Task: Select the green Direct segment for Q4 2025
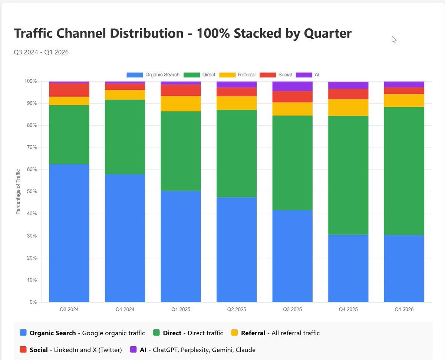point(348,175)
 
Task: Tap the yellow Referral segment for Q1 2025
point(181,103)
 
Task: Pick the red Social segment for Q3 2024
point(69,90)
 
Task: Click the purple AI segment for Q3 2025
point(292,86)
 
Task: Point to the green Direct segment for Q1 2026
point(404,171)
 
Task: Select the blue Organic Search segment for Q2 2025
point(237,249)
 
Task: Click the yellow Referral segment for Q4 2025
point(348,107)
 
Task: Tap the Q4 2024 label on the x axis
point(125,309)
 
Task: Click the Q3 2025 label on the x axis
point(292,309)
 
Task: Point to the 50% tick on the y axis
point(32,192)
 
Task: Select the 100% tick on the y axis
point(30,81)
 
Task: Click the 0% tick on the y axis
point(33,302)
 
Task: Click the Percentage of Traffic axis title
point(18,192)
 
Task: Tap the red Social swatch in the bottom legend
point(23,350)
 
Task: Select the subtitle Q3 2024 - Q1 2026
point(41,52)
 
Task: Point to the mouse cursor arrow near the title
point(394,39)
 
